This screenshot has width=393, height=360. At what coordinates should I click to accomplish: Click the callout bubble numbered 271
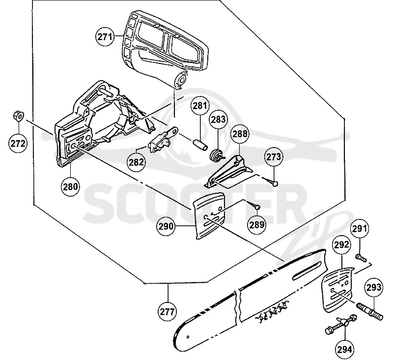[x=105, y=37]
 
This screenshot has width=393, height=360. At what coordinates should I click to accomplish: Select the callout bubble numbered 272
[x=18, y=143]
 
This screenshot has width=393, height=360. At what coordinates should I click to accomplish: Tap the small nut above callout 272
[x=18, y=116]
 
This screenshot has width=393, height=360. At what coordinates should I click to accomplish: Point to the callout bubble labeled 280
[x=70, y=186]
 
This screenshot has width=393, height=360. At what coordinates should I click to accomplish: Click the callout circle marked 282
[x=137, y=162]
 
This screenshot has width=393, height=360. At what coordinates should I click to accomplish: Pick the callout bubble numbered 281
[x=200, y=106]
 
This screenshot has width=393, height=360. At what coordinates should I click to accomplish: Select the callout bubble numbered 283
[x=218, y=119]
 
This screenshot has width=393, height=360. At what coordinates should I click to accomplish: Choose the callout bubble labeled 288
[x=240, y=134]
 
